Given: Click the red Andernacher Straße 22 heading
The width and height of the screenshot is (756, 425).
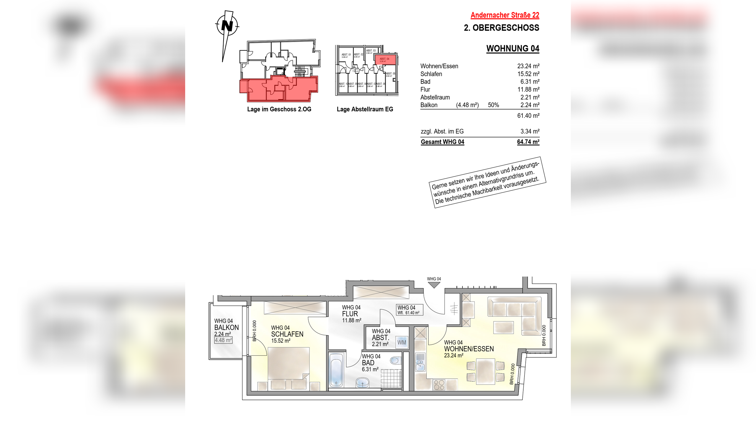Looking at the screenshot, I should tap(505, 15).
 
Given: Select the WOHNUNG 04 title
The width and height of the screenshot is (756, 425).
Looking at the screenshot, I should tap(512, 48).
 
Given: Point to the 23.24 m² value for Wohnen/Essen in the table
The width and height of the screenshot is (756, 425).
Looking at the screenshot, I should tap(528, 66).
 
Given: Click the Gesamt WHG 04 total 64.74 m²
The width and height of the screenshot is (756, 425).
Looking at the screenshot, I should tap(528, 142).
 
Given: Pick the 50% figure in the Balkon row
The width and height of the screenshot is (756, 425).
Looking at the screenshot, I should tap(493, 105).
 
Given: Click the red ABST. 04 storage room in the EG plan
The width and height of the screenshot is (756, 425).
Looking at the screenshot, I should tap(384, 60).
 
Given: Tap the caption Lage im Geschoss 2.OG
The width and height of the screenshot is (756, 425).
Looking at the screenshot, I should tap(279, 109).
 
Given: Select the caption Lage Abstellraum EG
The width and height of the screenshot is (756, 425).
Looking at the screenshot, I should tap(365, 109).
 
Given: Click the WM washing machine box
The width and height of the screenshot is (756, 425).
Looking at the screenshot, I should tap(402, 342).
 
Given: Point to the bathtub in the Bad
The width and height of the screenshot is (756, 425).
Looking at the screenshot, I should tap(336, 370).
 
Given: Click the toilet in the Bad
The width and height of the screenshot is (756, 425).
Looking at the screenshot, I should tap(395, 360).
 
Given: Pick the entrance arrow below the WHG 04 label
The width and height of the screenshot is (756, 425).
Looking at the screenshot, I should tap(434, 285).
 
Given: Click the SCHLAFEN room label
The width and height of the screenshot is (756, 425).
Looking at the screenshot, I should tap(287, 334).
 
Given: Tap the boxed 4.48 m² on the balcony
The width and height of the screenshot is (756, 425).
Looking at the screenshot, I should tap(223, 340).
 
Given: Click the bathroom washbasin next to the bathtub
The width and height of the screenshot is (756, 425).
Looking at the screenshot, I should tap(362, 383).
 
